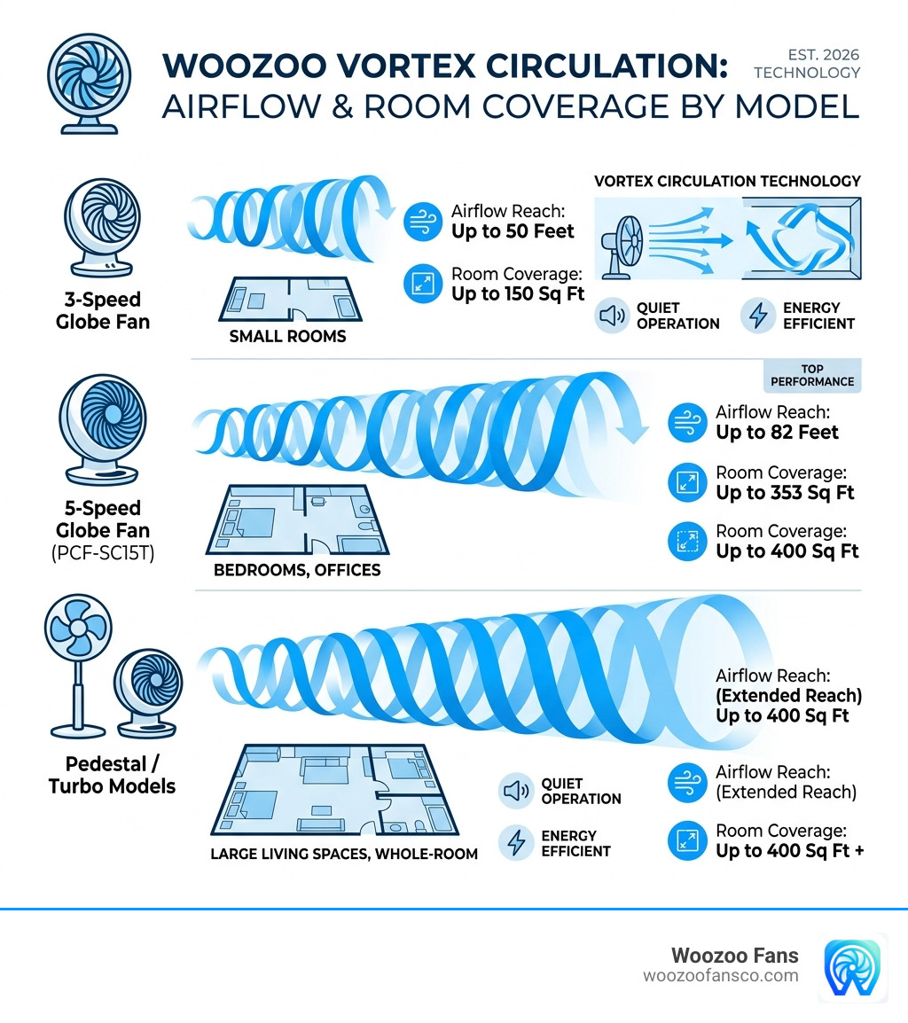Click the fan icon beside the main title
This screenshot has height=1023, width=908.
tap(89, 83)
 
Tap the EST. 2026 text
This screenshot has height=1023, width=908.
tap(823, 55)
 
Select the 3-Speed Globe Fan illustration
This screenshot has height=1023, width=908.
tap(103, 227)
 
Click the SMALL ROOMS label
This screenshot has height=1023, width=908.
tap(287, 336)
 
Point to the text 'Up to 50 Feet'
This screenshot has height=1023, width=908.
tap(513, 231)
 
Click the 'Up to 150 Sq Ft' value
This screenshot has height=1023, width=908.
tap(518, 293)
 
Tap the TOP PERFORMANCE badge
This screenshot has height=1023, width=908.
tap(812, 375)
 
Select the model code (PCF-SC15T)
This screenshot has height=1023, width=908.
tap(103, 553)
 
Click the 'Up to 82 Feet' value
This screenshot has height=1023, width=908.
tap(777, 432)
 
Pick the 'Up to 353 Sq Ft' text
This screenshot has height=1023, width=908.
tap(785, 493)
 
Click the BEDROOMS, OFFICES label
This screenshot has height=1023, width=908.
tap(297, 570)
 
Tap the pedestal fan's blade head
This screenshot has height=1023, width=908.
tap(78, 627)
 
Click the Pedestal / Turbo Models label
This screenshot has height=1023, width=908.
tap(112, 775)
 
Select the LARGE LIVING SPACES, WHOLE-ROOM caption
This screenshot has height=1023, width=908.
tap(344, 854)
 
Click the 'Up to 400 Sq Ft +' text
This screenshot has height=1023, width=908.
tap(790, 851)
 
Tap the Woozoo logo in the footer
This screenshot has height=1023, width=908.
tap(852, 967)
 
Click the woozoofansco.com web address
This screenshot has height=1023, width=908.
tap(721, 976)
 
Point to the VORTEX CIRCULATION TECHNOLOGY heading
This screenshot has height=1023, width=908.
tap(727, 182)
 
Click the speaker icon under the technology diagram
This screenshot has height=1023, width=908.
tap(612, 316)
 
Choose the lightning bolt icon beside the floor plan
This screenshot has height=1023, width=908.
tap(516, 843)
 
